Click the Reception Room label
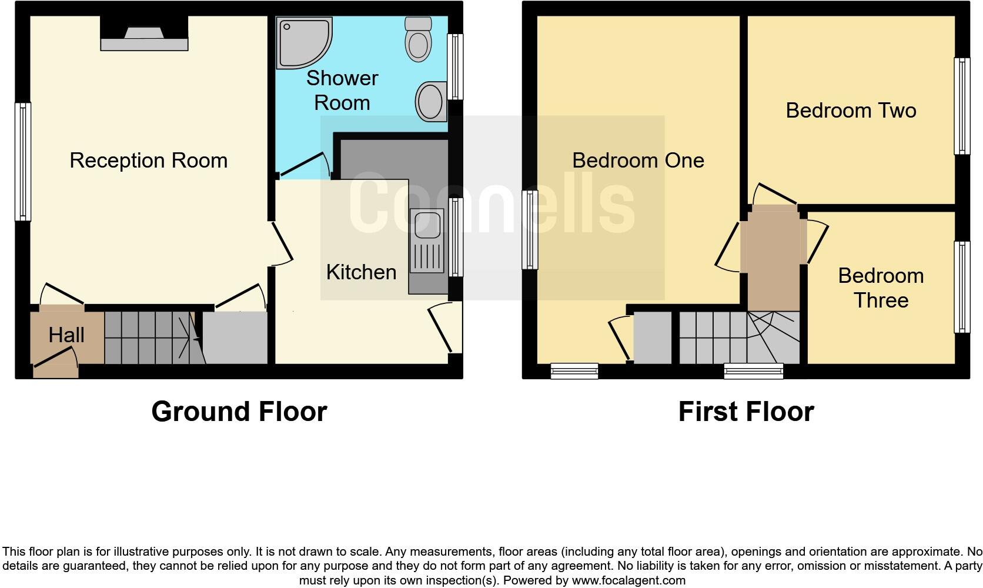pos(148,161)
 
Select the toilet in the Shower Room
pos(419,39)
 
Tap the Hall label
pos(66,335)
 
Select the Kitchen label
pos(361,272)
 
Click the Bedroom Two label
pos(851,111)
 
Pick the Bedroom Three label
pos(881,288)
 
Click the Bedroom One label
pos(638,161)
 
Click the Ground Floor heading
pos(239,412)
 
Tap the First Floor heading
pos(745,412)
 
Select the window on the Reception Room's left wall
pos(22,162)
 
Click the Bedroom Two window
pos(962,106)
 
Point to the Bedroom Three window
pos(962,287)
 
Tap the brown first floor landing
pos(773,259)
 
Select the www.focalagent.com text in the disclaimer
pos(628,580)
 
